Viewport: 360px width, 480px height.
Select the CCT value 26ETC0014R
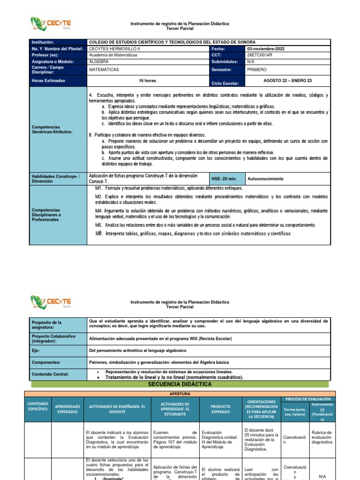[x=261, y=55]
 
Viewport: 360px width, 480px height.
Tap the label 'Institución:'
[x=44, y=42]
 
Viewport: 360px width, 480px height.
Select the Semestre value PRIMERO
[x=257, y=69]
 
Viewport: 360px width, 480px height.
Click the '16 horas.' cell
[x=148, y=81]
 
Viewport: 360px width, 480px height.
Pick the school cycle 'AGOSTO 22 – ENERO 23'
[x=287, y=81]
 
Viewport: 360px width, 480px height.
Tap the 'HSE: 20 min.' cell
[x=224, y=179]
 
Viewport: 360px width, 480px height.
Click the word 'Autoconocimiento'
[x=265, y=179]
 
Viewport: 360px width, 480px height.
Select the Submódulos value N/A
[x=251, y=61]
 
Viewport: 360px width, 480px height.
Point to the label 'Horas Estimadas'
[x=49, y=81]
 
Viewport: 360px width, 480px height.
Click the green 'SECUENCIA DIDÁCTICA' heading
[x=180, y=384]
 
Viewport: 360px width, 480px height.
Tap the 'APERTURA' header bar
[x=180, y=394]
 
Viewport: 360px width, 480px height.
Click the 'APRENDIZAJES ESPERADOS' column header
[x=67, y=409]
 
